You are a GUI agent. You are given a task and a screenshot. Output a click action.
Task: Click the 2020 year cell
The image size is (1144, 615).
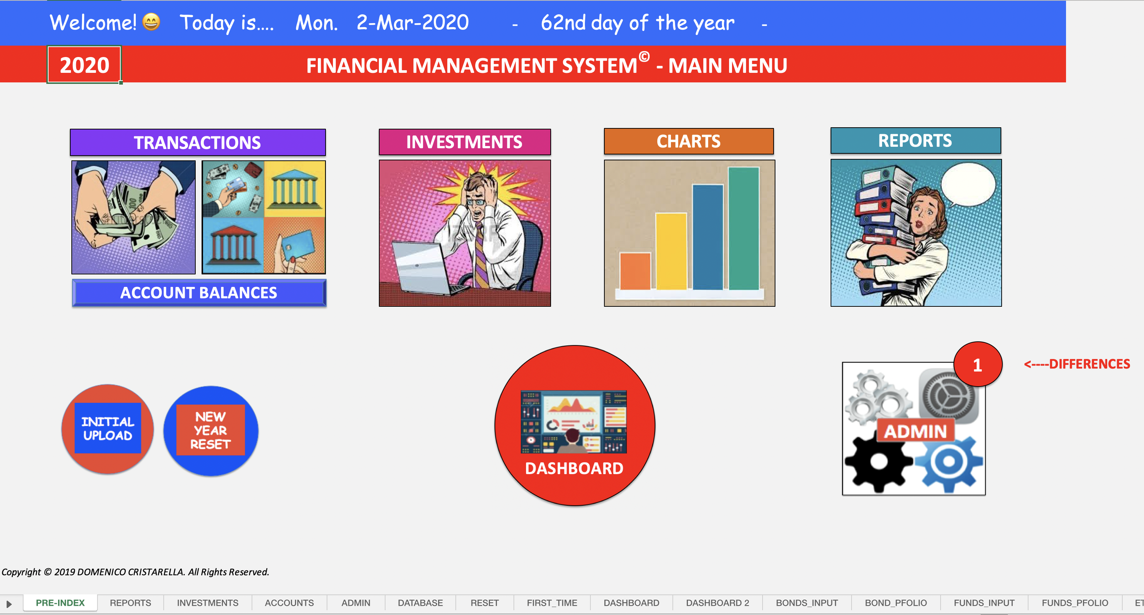point(84,65)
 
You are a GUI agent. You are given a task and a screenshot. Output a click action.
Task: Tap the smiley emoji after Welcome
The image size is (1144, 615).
point(151,22)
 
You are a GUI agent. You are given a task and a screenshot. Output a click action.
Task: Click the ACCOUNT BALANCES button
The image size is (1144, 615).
point(199,293)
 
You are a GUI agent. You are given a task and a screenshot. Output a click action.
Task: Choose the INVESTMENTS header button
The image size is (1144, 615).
point(465,142)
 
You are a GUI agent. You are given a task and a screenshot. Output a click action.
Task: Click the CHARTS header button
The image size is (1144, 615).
point(689,141)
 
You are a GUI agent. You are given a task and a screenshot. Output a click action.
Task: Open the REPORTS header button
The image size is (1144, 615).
point(916,140)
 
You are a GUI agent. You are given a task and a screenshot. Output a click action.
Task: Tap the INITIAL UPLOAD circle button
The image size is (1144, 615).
point(107,429)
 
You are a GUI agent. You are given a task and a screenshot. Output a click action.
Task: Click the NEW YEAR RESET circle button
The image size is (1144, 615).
point(211,431)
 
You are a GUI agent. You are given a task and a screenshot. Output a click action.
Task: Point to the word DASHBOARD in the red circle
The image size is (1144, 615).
point(574,469)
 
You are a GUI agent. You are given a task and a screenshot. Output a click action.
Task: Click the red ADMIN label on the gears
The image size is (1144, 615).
point(915,431)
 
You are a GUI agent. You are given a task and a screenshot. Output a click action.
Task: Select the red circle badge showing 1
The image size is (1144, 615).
point(977,365)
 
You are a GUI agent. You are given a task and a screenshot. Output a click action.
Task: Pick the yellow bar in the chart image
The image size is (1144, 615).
point(671,251)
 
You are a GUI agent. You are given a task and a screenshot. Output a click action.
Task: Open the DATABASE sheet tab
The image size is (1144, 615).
point(420,602)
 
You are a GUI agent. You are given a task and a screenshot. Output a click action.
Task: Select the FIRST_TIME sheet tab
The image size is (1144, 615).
point(552,602)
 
